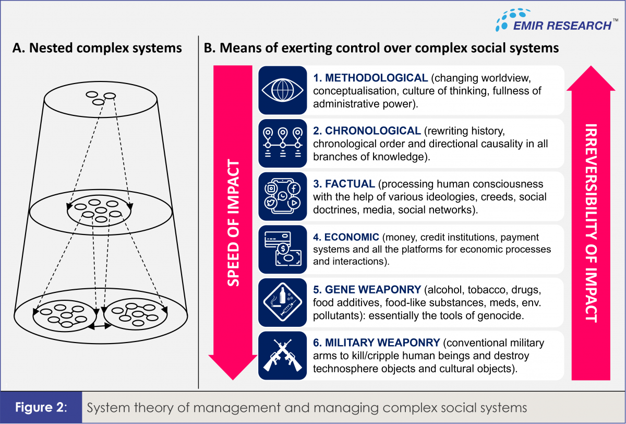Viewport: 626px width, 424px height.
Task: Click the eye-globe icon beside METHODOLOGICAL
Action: [x=282, y=90]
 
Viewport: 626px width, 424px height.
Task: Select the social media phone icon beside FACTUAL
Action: [x=282, y=196]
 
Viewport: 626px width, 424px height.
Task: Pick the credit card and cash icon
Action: [x=282, y=249]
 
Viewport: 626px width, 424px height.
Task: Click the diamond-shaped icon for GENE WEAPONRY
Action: [x=282, y=302]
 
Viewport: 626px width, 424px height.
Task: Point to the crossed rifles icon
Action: [x=282, y=356]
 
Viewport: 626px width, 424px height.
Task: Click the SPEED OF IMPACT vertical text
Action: [x=235, y=223]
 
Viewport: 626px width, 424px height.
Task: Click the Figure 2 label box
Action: [x=41, y=407]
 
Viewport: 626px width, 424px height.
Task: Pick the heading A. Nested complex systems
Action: [x=97, y=49]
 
